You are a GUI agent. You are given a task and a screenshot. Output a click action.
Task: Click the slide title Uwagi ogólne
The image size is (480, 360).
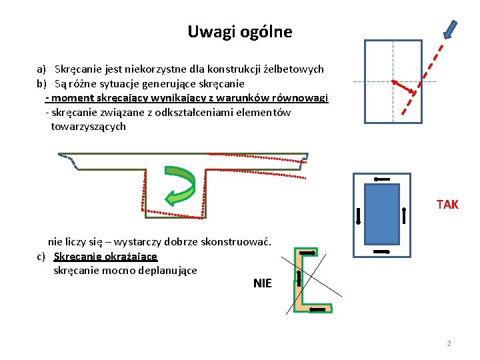pyautogui.click(x=239, y=31)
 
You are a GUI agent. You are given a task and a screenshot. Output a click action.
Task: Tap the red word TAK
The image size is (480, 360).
pyautogui.click(x=447, y=205)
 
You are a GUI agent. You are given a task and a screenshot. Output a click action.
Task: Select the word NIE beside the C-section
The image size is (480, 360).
pyautogui.click(x=263, y=283)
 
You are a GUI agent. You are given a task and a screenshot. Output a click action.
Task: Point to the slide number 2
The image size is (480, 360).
pyautogui.click(x=449, y=343)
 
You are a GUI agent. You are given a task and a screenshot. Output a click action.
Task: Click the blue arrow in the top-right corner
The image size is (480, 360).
pyautogui.click(x=451, y=29)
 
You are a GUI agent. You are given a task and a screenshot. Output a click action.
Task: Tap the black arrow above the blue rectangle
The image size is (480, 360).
pyautogui.click(x=383, y=179)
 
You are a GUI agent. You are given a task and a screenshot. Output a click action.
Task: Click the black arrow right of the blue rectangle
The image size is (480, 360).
pyautogui.click(x=405, y=215)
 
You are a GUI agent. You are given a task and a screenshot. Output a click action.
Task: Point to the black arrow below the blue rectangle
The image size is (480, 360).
pyautogui.click(x=382, y=251)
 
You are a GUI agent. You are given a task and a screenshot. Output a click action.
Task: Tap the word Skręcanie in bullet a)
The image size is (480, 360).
pyautogui.click(x=77, y=69)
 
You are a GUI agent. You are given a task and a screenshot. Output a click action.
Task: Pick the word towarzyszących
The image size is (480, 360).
pyautogui.click(x=88, y=127)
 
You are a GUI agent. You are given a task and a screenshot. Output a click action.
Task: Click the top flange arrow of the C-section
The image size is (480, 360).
pyautogui.click(x=307, y=253)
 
